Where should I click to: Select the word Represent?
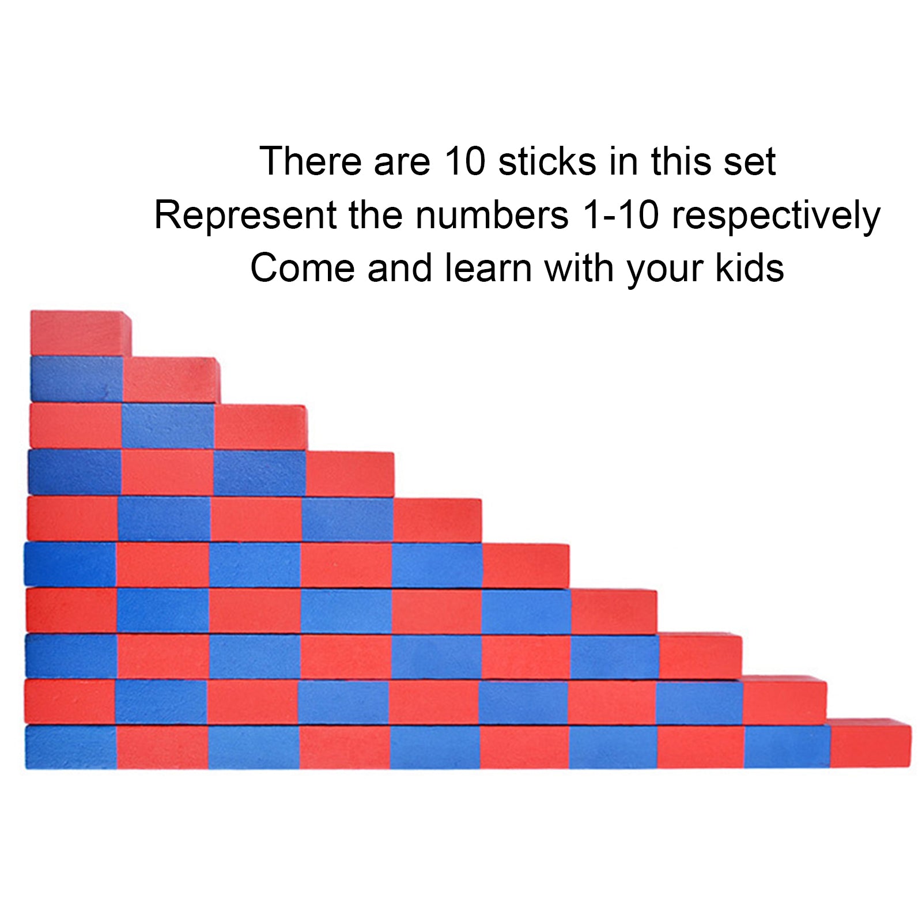[x=245, y=216]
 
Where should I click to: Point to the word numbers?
[x=492, y=216]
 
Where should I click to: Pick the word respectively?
[x=776, y=216]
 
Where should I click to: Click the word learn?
[x=489, y=269]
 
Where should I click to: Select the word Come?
[x=303, y=269]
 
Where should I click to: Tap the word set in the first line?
[x=750, y=161]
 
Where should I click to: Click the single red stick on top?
[x=80, y=334]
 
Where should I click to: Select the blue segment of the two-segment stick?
[x=77, y=379]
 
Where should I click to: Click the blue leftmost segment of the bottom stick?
[x=71, y=747]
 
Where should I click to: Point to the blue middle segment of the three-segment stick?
[x=168, y=426]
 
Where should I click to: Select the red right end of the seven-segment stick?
[x=614, y=611]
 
